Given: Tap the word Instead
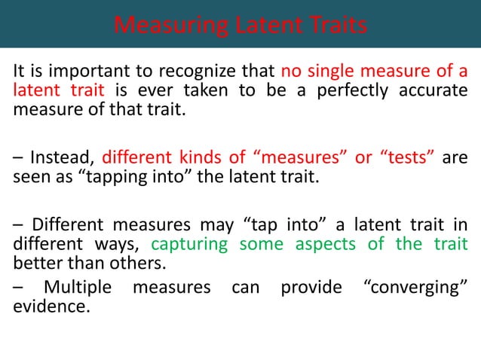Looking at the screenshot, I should click(x=66, y=159).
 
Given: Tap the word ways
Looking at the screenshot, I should click(x=117, y=245).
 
